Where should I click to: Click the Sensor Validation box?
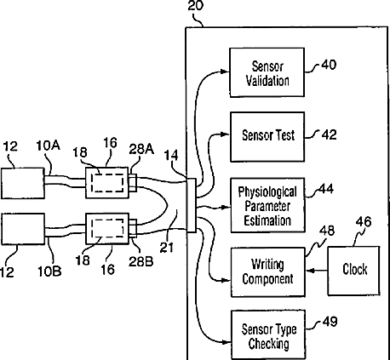[267, 72]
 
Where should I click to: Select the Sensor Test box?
[267, 137]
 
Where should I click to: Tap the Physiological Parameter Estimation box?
[267, 205]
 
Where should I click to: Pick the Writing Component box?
[267, 272]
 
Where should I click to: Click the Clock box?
[353, 271]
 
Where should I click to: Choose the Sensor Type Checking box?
[268, 334]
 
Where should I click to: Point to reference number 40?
[329, 65]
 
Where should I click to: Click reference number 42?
[329, 134]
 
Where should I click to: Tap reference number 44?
[326, 189]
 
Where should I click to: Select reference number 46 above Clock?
[364, 221]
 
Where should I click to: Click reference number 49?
[330, 322]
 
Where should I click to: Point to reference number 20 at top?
[196, 5]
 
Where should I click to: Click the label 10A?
[48, 146]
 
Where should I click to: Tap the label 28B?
[141, 261]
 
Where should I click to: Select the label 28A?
[141, 149]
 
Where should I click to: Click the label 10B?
[49, 271]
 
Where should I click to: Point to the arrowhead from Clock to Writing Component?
[311, 271]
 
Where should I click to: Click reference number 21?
[167, 248]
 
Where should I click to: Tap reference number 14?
[171, 156]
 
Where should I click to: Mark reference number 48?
[327, 231]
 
